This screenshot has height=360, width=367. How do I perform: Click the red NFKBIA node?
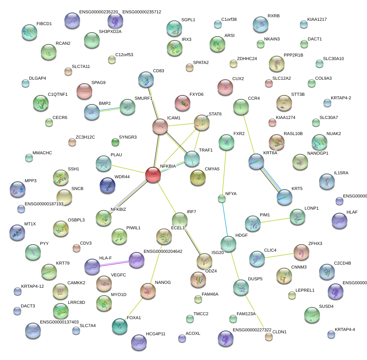point(153,175)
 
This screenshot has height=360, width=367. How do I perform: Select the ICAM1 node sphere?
point(160,126)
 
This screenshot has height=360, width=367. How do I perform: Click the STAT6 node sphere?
point(202,122)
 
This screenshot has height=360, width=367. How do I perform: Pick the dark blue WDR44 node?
point(108,185)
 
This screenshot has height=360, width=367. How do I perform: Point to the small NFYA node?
point(222,199)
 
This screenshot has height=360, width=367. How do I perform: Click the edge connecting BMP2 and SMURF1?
point(110,110)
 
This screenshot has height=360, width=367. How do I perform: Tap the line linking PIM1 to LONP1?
point(275,220)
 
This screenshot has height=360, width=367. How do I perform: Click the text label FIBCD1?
point(44,24)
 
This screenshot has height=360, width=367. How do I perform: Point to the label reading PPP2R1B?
point(293,55)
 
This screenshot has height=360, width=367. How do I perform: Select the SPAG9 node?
point(84,91)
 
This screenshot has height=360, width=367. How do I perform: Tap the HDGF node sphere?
point(228,244)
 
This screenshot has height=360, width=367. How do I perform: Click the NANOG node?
point(148,291)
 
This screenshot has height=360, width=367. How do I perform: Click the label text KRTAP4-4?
point(345,329)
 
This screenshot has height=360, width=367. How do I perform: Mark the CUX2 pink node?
point(225,88)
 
